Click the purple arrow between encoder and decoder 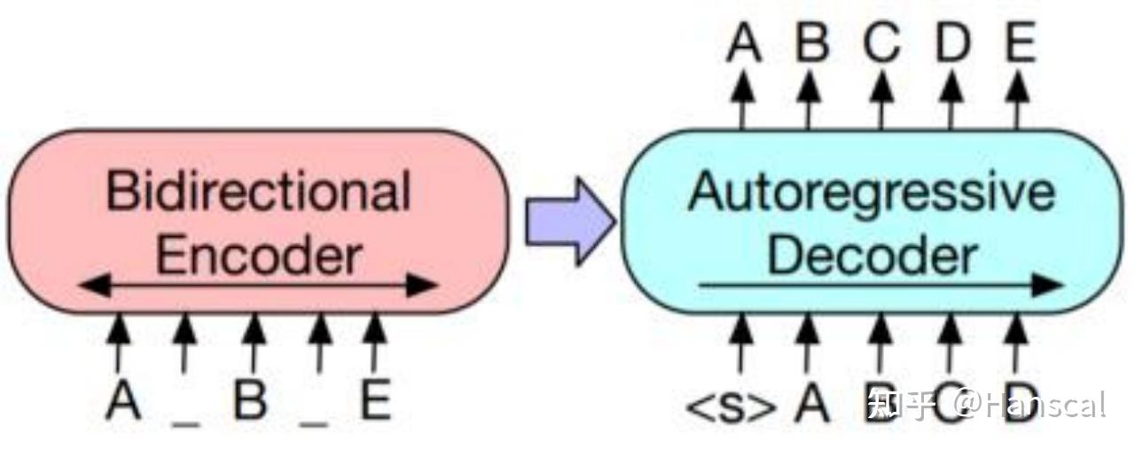pyautogui.click(x=570, y=221)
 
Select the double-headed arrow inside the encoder pyautogui.click(x=258, y=285)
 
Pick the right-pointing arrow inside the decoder pyautogui.click(x=881, y=285)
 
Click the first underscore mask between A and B pyautogui.click(x=186, y=422)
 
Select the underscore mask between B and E pyautogui.click(x=314, y=422)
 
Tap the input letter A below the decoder pyautogui.click(x=811, y=402)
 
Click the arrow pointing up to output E pyautogui.click(x=1018, y=100)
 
